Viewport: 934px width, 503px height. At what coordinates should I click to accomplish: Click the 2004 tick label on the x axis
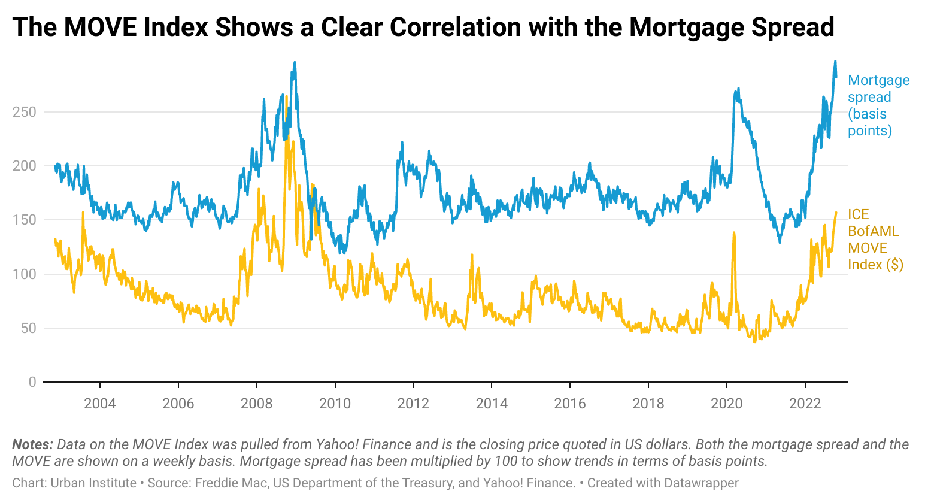[100, 403]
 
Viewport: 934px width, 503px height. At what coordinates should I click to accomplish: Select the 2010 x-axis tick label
[335, 403]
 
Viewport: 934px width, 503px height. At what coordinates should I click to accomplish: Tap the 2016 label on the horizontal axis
[570, 403]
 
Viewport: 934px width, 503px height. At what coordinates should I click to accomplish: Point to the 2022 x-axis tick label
[805, 403]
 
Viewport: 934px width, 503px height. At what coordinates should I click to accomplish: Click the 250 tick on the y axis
[25, 112]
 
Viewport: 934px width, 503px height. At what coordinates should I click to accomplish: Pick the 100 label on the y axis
[25, 274]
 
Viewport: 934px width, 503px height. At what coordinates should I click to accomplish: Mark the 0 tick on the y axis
[32, 382]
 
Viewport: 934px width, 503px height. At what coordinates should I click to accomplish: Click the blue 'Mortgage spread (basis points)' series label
[878, 105]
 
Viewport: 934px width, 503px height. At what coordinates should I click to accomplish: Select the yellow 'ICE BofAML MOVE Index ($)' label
[875, 240]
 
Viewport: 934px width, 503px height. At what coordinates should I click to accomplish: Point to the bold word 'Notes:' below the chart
[32, 444]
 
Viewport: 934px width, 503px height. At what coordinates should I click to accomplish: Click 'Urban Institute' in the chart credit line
[93, 483]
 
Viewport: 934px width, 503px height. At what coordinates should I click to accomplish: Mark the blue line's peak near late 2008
[295, 62]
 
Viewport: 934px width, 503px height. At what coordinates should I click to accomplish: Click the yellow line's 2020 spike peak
[733, 233]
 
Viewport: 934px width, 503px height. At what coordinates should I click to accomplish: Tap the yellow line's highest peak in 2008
[287, 96]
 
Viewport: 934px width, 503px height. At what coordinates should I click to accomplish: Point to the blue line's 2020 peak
[738, 89]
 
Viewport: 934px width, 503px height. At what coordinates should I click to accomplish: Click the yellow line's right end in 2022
[836, 213]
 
